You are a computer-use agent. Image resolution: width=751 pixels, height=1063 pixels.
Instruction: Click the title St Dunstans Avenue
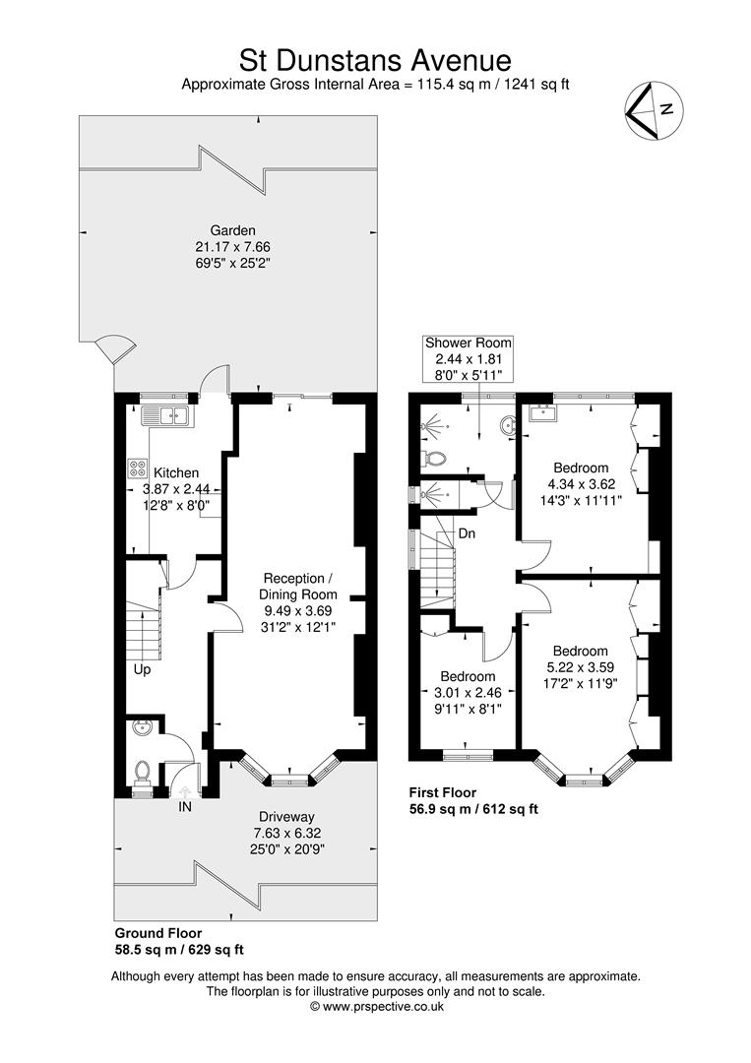coord(375,60)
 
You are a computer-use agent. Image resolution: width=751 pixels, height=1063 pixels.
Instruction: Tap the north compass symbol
coord(654,111)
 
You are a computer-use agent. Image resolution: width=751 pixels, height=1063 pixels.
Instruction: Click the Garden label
coord(232,230)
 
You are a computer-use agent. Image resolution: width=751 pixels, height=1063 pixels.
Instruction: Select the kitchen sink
coord(167,415)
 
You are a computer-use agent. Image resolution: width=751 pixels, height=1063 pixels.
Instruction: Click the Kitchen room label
coord(176,472)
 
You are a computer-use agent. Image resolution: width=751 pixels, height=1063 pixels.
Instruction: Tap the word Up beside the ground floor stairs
coord(142,669)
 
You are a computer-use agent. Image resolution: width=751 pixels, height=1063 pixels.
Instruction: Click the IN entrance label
coord(185,807)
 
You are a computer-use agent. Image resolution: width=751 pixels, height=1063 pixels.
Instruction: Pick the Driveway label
coord(286,817)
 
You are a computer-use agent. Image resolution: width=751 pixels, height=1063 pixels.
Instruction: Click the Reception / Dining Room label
coord(297,587)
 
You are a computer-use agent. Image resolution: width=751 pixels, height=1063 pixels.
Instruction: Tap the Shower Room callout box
coord(468,358)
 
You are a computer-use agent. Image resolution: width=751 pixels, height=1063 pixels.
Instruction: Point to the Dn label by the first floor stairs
coord(467,533)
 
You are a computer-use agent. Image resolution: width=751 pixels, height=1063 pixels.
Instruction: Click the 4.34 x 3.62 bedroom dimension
coord(582,484)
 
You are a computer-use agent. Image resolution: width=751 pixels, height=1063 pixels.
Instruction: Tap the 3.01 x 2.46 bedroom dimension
coord(468,692)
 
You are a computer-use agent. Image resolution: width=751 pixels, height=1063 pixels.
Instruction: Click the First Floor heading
coord(443,791)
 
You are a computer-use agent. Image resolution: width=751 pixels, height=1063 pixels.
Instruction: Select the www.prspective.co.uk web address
coord(383,1007)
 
